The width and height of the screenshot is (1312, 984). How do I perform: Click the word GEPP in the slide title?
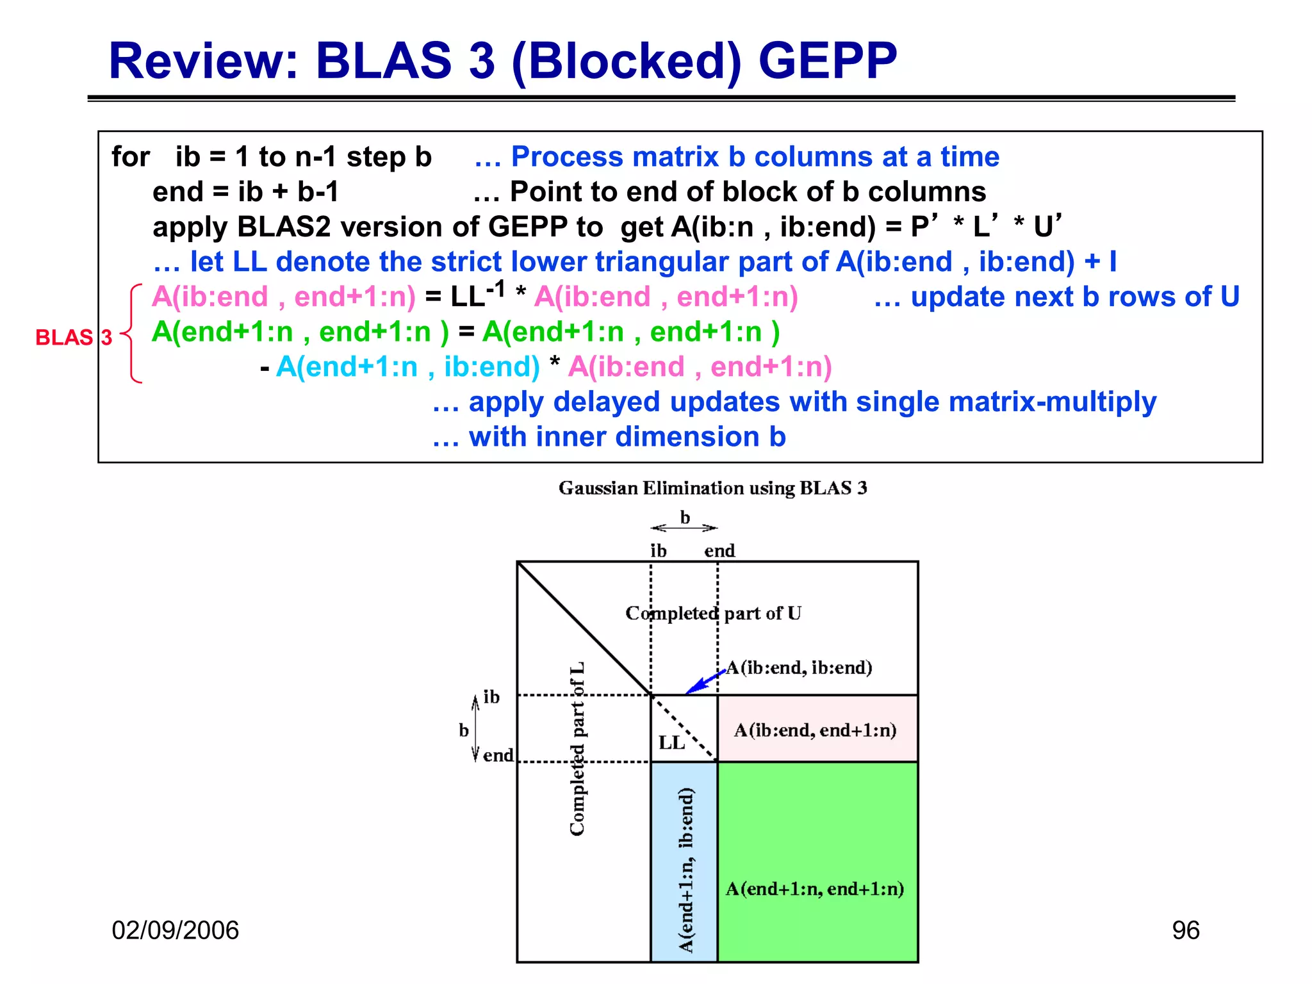pyautogui.click(x=828, y=61)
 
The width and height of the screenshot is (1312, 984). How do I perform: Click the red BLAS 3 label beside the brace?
pyautogui.click(x=74, y=338)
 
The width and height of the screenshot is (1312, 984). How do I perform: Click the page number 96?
pyautogui.click(x=1185, y=930)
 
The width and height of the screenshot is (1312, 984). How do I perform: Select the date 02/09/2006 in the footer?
pyautogui.click(x=175, y=930)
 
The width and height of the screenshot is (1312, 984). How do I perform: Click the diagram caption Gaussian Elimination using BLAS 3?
pyautogui.click(x=712, y=488)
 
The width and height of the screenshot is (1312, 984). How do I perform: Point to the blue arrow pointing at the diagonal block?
pyautogui.click(x=704, y=682)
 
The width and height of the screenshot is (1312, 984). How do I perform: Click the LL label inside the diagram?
pyautogui.click(x=671, y=743)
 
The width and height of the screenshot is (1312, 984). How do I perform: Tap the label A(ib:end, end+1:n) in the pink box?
pyautogui.click(x=815, y=730)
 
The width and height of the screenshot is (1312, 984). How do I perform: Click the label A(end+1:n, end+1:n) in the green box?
pyautogui.click(x=815, y=889)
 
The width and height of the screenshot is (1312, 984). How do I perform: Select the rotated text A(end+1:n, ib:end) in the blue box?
pyautogui.click(x=685, y=870)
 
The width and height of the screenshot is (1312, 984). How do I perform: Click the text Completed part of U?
pyautogui.click(x=713, y=613)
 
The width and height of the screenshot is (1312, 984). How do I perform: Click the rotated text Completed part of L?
pyautogui.click(x=577, y=748)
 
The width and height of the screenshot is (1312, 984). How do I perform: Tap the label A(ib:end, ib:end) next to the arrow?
pyautogui.click(x=799, y=668)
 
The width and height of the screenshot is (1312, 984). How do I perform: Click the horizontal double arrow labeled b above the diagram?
pyautogui.click(x=684, y=528)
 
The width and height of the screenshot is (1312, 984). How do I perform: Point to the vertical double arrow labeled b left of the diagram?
pyautogui.click(x=475, y=728)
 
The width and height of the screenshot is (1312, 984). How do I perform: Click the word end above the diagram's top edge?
pyautogui.click(x=719, y=551)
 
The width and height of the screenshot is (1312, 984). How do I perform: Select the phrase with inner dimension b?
pyautogui.click(x=609, y=437)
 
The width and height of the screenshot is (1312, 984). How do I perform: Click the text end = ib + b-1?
pyautogui.click(x=245, y=192)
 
